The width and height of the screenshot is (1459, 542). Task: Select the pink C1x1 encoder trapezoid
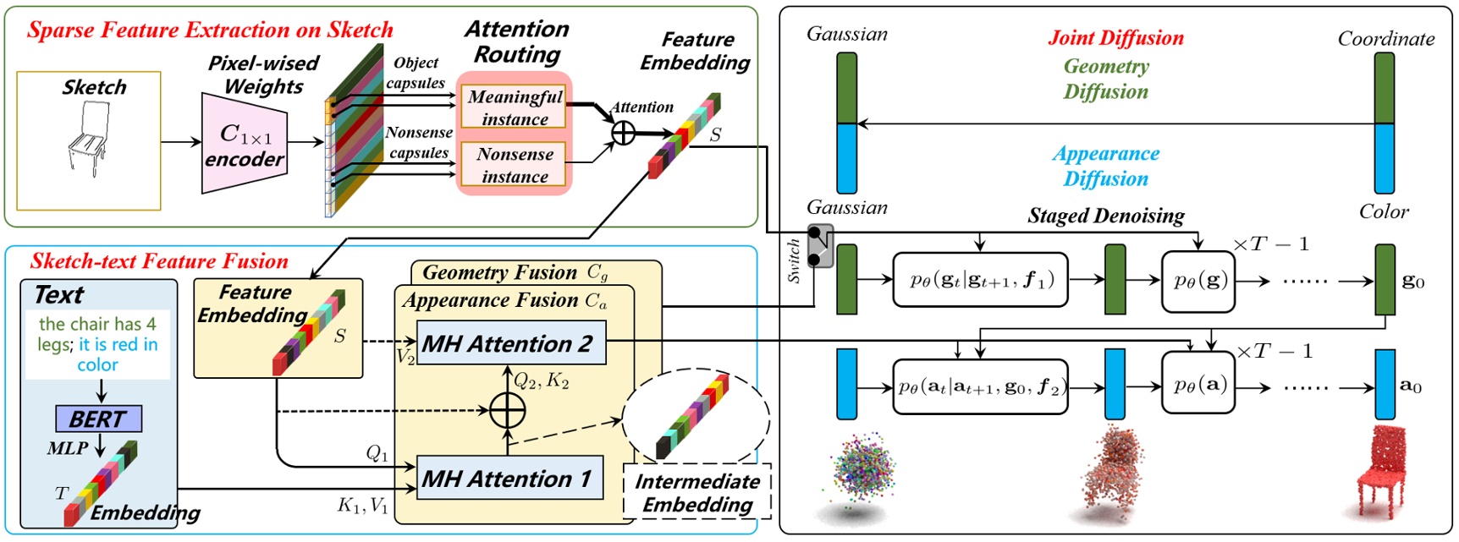coord(244,144)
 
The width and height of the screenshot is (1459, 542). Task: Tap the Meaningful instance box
coord(515,107)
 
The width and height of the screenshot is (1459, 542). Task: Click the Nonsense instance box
coord(515,165)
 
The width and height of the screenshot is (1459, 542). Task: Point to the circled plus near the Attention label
coord(623,133)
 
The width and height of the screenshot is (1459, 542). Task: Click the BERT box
coord(98,419)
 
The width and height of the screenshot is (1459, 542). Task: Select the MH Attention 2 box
coord(511,343)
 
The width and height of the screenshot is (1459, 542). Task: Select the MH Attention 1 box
coord(509,479)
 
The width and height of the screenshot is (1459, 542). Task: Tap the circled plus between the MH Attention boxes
coord(507,411)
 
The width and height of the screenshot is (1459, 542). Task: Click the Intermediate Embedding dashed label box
coord(697,492)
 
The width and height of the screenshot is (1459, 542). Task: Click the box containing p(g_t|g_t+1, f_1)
coord(980,280)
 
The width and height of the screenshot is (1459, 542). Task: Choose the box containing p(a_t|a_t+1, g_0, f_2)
coord(980,387)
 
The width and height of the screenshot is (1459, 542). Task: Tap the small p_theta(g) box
coord(1198,281)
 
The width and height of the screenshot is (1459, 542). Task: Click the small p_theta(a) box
coord(1198,386)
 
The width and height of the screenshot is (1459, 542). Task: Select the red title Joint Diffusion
coord(1115,38)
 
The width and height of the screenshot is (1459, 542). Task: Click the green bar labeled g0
coord(1385,280)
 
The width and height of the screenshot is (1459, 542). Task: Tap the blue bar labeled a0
coord(1385,385)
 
